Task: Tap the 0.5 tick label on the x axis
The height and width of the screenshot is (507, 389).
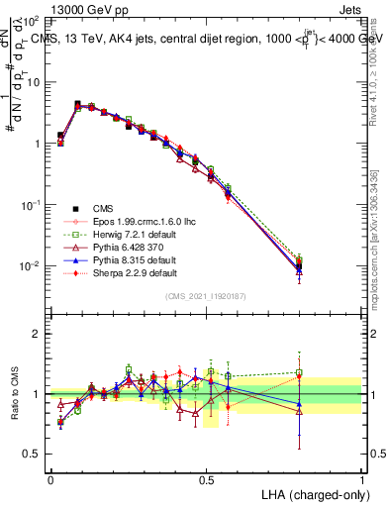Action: click(206, 478)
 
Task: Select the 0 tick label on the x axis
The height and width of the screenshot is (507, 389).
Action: click(50, 478)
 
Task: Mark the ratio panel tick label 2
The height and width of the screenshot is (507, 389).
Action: click(39, 334)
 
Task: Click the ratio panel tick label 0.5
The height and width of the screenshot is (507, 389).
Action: click(34, 455)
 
